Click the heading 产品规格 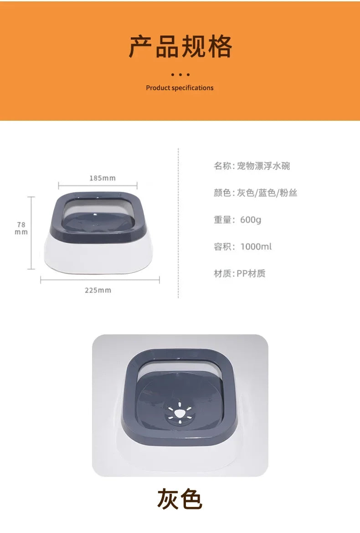click(180, 46)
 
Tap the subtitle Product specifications click(180, 88)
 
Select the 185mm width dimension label click(103, 178)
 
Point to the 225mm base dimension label click(98, 290)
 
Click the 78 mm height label click(21, 228)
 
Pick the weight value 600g click(251, 220)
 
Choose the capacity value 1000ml click(256, 246)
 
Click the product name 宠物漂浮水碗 click(263, 166)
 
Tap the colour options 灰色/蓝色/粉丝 click(267, 193)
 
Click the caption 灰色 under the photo click(180, 499)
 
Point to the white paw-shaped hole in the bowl click(180, 413)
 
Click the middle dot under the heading click(180, 74)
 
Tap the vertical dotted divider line click(178, 223)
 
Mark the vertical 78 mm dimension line click(31, 233)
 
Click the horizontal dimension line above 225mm click(100, 280)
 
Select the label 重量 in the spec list click(222, 220)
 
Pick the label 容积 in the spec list click(222, 246)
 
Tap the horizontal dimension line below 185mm click(98, 185)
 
